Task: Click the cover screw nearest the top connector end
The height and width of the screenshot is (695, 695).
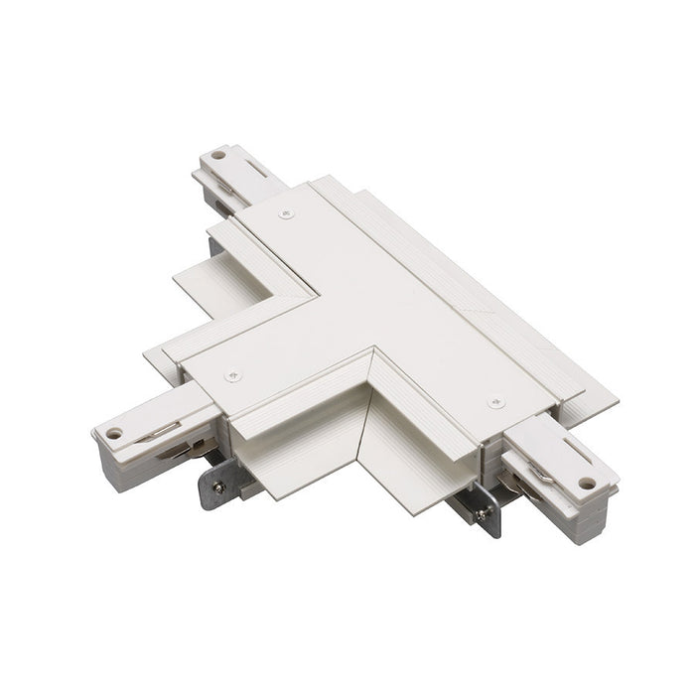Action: (x=288, y=213)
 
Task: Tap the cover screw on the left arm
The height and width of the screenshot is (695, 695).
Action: (x=233, y=376)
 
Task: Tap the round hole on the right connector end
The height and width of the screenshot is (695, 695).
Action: (x=586, y=485)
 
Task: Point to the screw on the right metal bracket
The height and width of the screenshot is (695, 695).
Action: (x=482, y=514)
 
